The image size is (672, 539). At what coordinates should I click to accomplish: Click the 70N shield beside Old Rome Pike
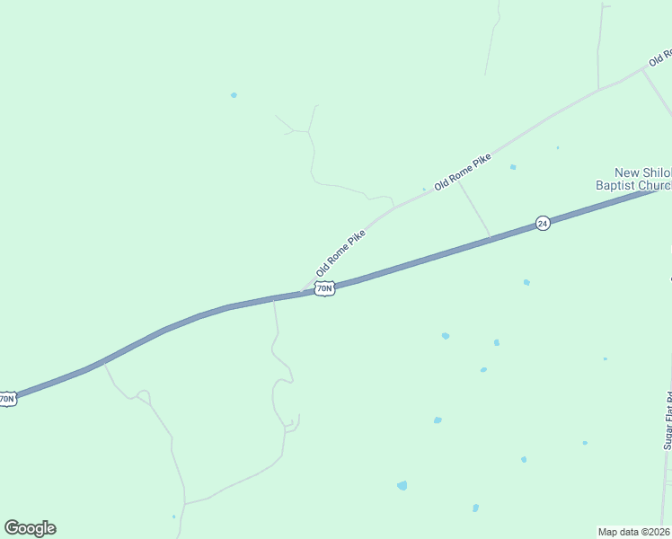[324, 288]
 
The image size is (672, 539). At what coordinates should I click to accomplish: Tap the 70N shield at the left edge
[7, 398]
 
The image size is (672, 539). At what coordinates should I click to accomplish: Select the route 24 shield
[542, 223]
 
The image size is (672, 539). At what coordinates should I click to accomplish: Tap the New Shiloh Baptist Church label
[642, 179]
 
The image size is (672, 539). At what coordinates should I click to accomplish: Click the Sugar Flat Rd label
[668, 421]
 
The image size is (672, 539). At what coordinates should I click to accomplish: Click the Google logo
[30, 528]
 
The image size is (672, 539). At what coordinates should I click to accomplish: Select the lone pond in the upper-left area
[234, 94]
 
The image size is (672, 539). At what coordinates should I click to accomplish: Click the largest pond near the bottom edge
[402, 485]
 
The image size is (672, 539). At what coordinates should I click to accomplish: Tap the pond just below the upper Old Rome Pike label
[513, 167]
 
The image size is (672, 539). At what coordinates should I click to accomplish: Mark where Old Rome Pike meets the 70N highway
[304, 292]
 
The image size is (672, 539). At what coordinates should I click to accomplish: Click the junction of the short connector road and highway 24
[491, 238]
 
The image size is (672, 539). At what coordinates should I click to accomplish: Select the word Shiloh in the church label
[657, 172]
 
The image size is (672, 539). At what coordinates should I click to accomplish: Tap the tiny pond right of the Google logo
[173, 517]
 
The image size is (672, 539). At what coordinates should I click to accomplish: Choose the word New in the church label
[627, 172]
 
